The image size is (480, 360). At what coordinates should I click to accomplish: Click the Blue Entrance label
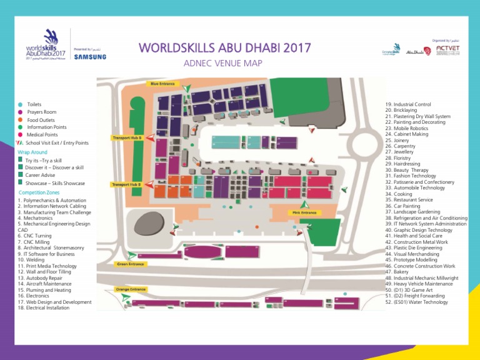coord(161,83)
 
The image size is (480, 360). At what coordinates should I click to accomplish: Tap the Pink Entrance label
coord(304,212)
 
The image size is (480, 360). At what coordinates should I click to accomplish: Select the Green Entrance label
coord(131,264)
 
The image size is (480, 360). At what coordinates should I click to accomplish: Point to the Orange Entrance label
coord(131,289)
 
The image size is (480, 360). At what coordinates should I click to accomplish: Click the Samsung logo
coord(90,56)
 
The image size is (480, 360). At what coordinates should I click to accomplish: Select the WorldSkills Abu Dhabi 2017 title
coord(224,48)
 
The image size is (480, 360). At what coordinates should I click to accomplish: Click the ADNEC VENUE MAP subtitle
coord(223,63)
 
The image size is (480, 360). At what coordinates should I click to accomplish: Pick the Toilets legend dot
coord(21,104)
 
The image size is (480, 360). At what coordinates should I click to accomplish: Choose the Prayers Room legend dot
coord(21,112)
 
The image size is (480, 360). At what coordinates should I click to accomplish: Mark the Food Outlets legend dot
coord(21,119)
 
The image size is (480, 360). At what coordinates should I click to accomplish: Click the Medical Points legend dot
coord(21,134)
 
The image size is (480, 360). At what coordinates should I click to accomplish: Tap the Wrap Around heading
coord(32,151)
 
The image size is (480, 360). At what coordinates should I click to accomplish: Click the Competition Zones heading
coord(39,192)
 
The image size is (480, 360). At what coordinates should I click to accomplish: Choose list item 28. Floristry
coord(402,158)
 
